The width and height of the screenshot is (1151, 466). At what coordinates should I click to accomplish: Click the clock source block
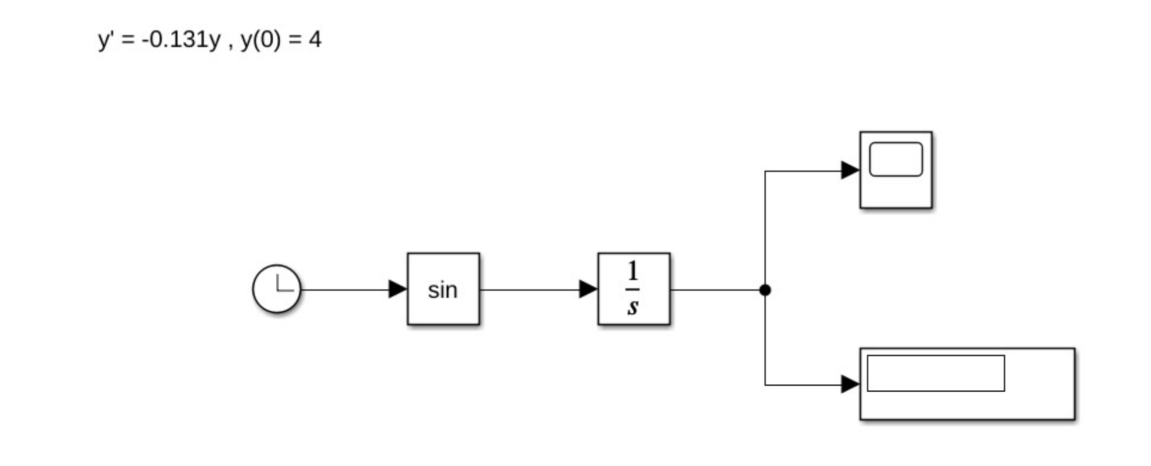276,289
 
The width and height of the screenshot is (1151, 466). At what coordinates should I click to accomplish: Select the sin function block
443,289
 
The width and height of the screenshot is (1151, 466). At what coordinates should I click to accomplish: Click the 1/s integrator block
634,289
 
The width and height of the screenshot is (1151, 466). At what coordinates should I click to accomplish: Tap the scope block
896,170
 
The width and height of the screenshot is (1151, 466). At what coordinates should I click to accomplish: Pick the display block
967,384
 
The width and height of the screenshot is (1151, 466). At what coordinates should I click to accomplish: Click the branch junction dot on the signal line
765,290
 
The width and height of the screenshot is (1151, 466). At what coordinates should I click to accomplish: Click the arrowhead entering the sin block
397,289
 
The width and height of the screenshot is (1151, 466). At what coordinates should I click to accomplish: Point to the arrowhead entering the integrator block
588,289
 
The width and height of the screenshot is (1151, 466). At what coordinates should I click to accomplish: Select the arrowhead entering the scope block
850,170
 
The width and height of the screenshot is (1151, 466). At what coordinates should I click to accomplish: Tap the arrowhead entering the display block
850,384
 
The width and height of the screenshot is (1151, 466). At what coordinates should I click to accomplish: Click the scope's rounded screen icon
896,159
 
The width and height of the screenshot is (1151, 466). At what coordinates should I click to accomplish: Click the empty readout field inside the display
936,373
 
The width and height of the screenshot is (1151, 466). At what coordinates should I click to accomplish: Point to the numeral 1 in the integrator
633,272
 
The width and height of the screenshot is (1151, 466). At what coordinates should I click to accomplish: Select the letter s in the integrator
633,307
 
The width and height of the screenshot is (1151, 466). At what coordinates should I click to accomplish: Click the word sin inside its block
442,290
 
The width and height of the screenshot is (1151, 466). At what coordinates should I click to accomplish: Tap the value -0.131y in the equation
181,40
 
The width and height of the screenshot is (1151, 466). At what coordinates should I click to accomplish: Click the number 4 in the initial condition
315,40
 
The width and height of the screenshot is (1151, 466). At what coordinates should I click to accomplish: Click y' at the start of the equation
106,40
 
